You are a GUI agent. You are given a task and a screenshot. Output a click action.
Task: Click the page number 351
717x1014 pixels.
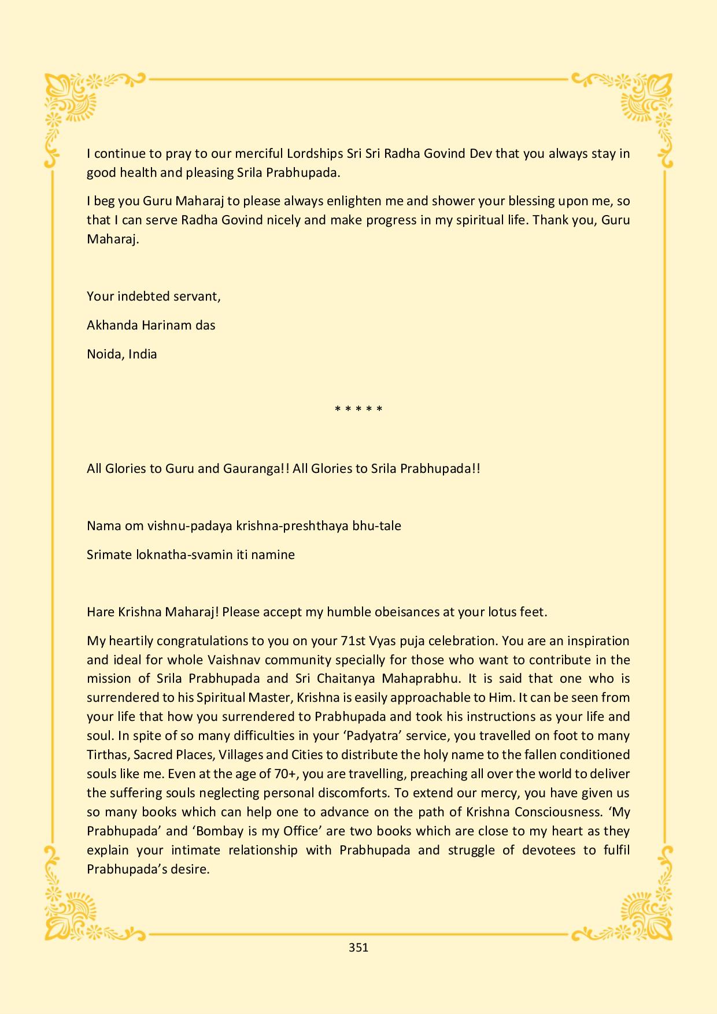pyautogui.click(x=358, y=947)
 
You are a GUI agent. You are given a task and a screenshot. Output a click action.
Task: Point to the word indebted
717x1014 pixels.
pyautogui.click(x=145, y=297)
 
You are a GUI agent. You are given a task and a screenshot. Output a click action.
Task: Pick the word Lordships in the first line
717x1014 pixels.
pyautogui.click(x=315, y=154)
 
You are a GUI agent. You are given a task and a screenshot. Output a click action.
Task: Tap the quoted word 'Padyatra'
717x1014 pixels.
pyautogui.click(x=385, y=735)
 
